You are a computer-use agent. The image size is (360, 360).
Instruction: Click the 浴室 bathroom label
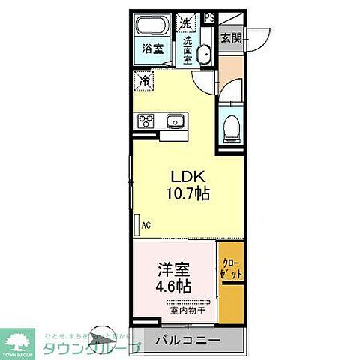coord(153,49)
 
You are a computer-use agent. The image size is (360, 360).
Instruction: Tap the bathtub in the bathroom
coord(154,28)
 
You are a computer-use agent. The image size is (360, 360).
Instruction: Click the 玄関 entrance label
coord(232,39)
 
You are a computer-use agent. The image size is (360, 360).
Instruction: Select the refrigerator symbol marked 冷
coord(144,78)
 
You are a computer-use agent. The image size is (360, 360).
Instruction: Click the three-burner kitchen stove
coord(146,121)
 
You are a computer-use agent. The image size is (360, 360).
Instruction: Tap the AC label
coord(147,223)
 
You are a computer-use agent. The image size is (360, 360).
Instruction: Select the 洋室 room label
coord(172,268)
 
